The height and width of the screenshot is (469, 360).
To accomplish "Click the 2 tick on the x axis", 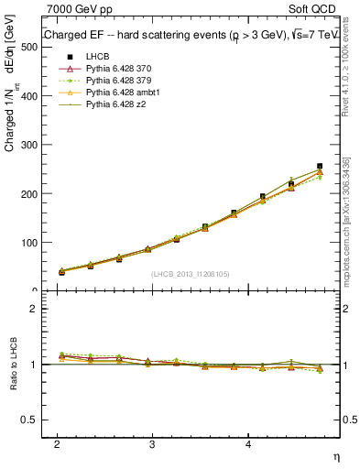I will pyautogui.click(x=57, y=443).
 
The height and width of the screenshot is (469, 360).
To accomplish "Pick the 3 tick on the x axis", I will pyautogui.click(x=152, y=443).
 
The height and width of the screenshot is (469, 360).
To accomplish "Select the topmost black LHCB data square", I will pyautogui.click(x=320, y=166).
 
